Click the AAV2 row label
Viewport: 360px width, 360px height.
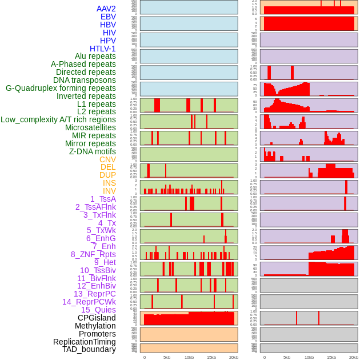pos(106,9)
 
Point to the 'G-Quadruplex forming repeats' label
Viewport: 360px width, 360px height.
pos(61,88)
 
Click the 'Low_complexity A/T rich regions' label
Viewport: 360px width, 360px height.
pos(58,119)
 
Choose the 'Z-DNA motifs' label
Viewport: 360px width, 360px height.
pos(92,151)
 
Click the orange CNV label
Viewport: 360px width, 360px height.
pos(107,159)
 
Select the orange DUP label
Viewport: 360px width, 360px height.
pos(107,175)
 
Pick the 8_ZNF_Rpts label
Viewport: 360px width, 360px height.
pos(93,254)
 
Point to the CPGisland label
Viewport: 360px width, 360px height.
pos(97,318)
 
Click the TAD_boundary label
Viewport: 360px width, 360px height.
pos(89,349)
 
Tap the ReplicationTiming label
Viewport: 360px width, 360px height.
pos(85,342)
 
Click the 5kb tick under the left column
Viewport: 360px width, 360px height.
pos(166,357)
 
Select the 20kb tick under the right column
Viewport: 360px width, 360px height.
pos(353,357)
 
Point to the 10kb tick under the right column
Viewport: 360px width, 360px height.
pos(309,357)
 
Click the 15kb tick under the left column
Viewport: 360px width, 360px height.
pos(211,357)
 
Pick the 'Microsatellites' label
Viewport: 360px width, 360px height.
pos(90,127)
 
